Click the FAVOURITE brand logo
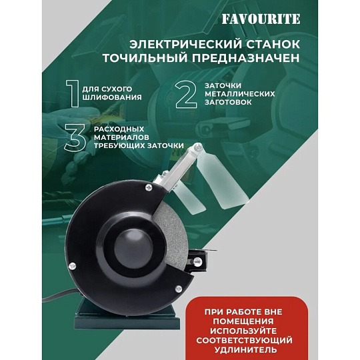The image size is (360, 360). [261, 19]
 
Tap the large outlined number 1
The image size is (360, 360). [74, 94]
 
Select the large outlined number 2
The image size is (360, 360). [186, 95]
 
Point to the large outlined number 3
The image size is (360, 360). [75, 138]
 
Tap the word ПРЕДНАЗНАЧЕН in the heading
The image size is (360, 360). [245, 58]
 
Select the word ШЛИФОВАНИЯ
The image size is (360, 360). [112, 97]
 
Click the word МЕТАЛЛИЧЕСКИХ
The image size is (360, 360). [240, 94]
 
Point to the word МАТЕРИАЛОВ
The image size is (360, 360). [121, 137]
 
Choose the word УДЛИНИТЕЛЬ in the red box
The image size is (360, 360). [245, 350]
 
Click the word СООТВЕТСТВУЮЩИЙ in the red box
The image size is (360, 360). [244, 340]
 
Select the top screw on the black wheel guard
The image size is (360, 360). [149, 187]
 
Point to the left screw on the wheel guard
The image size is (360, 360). [72, 265]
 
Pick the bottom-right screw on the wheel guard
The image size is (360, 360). [179, 289]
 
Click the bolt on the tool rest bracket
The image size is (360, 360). [197, 261]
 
